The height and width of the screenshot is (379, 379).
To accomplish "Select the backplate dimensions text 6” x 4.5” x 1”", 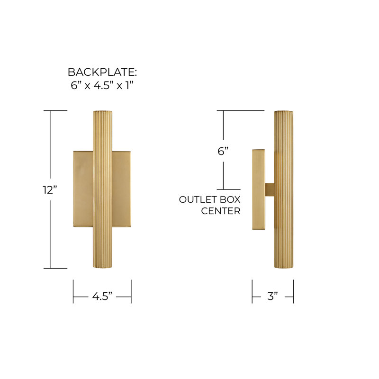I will click(102, 86).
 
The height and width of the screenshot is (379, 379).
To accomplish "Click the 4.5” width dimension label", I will click(102, 297).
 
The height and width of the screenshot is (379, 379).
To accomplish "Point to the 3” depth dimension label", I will click(272, 297).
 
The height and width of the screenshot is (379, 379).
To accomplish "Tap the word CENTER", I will click(221, 211).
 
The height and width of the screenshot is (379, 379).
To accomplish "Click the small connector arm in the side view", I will click(270, 189).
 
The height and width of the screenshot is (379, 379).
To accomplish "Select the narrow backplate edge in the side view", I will click(259, 189).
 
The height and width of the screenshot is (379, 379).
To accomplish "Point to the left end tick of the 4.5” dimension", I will click(73, 291).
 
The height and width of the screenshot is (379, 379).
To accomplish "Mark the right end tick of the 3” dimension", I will click(293, 291).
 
